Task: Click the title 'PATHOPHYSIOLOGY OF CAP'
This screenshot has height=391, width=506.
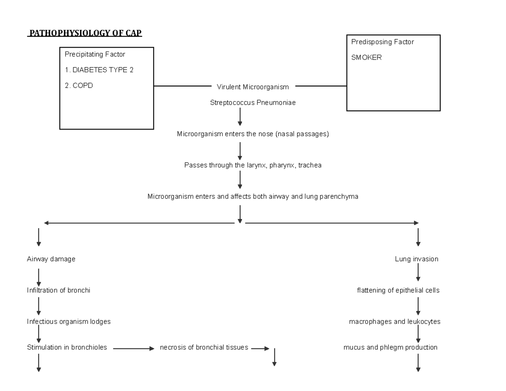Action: pyautogui.click(x=85, y=33)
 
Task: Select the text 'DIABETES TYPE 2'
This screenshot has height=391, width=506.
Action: pyautogui.click(x=103, y=70)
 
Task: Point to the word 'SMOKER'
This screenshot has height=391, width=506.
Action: pyautogui.click(x=366, y=58)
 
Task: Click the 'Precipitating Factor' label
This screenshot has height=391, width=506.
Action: pyautogui.click(x=94, y=54)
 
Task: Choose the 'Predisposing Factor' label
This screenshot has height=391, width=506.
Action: pyautogui.click(x=382, y=42)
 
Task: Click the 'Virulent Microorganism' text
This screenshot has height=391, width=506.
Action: pyautogui.click(x=253, y=87)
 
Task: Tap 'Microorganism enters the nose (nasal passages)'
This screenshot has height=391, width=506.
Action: pyautogui.click(x=253, y=134)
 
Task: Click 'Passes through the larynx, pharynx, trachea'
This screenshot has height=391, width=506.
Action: pyautogui.click(x=253, y=165)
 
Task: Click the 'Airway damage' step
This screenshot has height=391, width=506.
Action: pyautogui.click(x=51, y=259)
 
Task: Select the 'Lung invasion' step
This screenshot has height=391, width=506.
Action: pyautogui.click(x=416, y=259)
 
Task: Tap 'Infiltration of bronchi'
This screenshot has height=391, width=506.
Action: pyautogui.click(x=59, y=290)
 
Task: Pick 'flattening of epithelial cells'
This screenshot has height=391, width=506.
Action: pyautogui.click(x=398, y=290)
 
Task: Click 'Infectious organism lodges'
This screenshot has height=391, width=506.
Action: pyautogui.click(x=69, y=321)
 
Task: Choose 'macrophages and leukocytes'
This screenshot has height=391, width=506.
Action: pyautogui.click(x=395, y=321)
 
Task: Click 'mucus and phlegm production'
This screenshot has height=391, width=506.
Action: pyautogui.click(x=390, y=348)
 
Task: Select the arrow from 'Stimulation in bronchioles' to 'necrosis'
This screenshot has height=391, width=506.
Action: pyautogui.click(x=134, y=349)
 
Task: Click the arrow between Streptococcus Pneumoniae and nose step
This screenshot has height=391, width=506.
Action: pyautogui.click(x=240, y=116)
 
